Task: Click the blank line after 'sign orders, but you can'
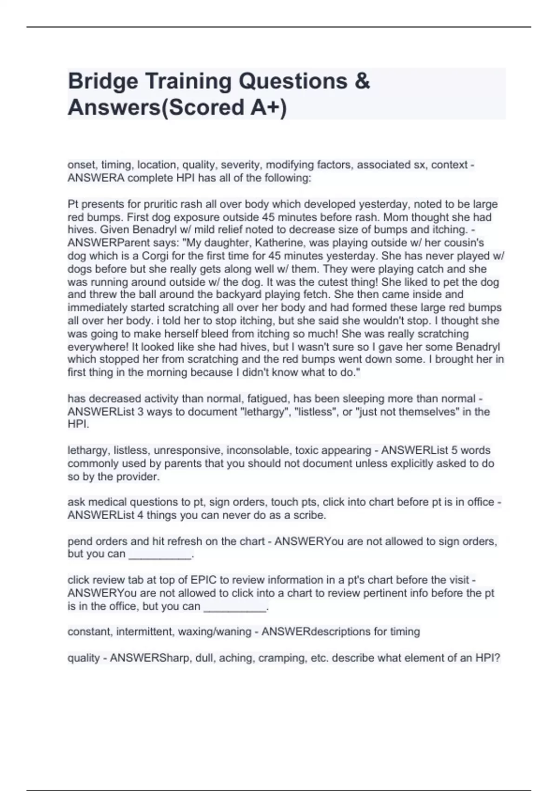160,555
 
